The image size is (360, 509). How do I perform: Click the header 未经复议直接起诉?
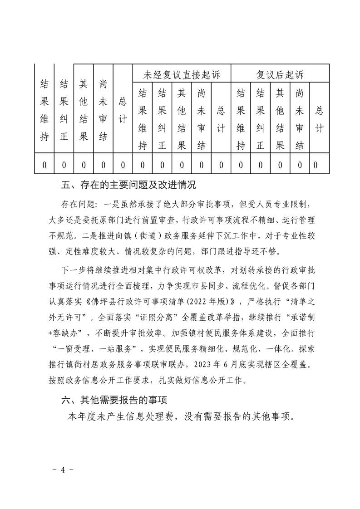[x=181, y=73]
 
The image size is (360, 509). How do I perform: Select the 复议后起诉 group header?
[x=280, y=73]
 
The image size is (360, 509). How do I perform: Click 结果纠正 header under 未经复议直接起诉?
[x=162, y=119]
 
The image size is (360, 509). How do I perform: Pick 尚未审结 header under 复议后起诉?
[x=299, y=119]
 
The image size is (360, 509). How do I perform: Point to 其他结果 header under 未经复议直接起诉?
[x=181, y=119]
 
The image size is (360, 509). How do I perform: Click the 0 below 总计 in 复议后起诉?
[x=316, y=165]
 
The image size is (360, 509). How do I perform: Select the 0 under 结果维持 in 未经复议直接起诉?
[x=142, y=165]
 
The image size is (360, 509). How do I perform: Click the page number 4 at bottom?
[x=64, y=470]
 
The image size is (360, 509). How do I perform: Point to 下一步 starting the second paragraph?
[x=71, y=271]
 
